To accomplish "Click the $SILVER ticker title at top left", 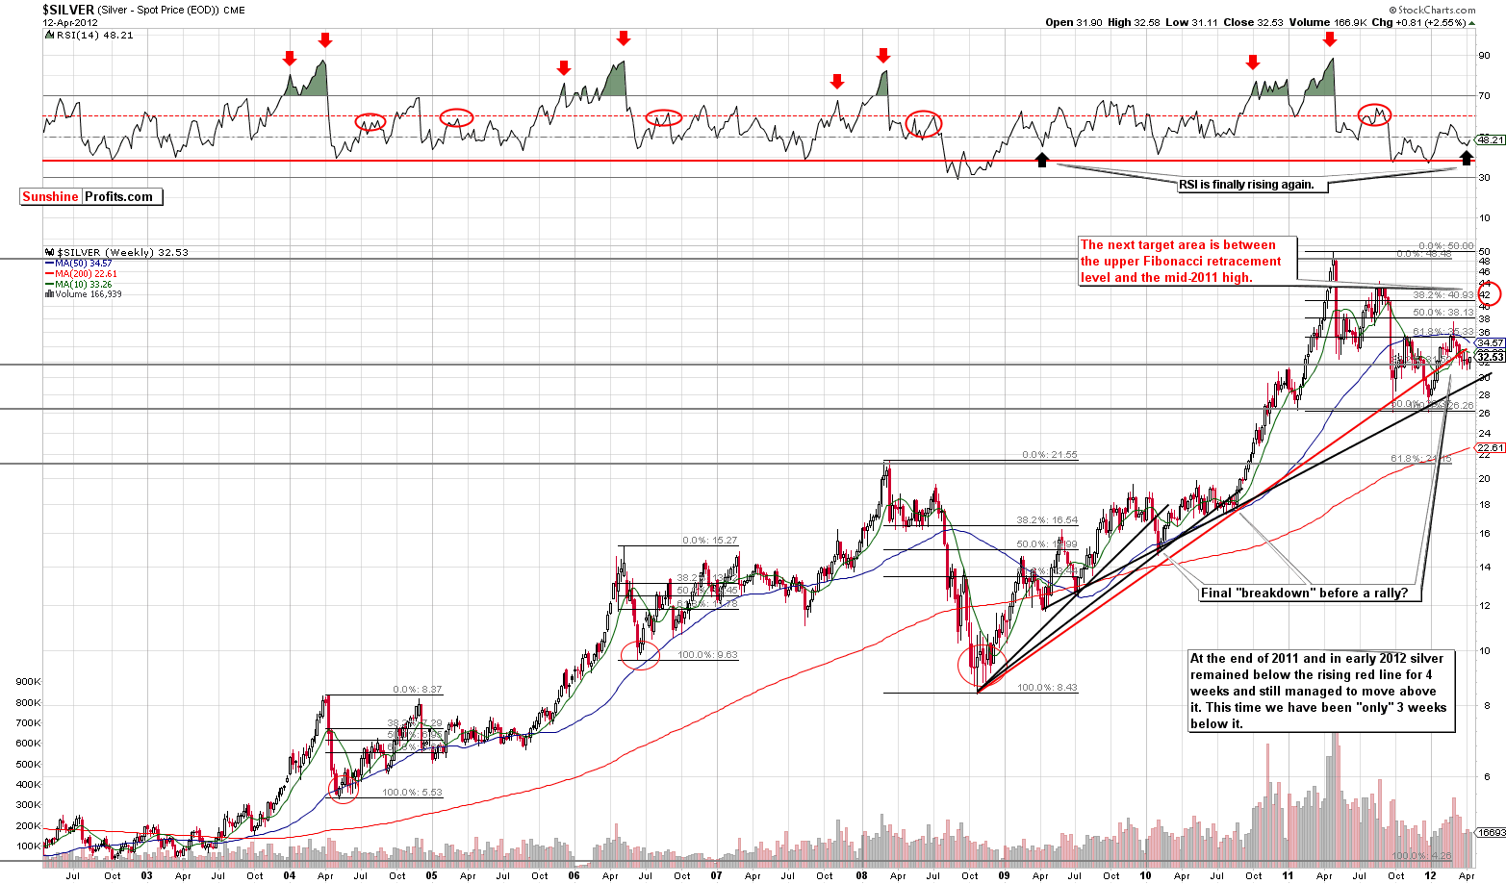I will coord(68,9).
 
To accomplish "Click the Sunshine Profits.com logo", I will coord(91,196).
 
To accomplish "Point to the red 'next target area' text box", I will coord(1187,262).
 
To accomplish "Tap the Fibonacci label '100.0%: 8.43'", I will coord(1047,687).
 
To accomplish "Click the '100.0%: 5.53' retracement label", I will coord(412,792).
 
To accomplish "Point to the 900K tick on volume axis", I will coord(28,681).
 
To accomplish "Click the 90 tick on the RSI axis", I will coord(1484,56).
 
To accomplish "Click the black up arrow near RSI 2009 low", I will coord(1041,159).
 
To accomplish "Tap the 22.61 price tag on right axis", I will coord(1491,447).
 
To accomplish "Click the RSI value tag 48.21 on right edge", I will coord(1491,139).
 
